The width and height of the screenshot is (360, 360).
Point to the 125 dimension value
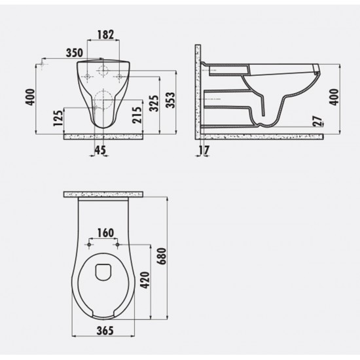58,118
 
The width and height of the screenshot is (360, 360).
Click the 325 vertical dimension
154,104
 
